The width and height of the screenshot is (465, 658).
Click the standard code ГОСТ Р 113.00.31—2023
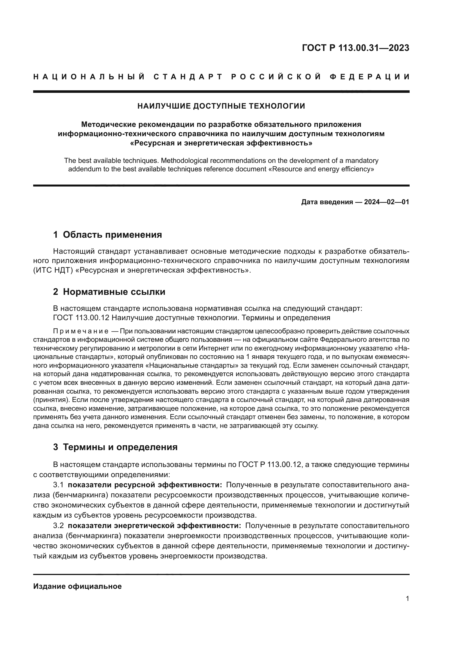(x=356, y=48)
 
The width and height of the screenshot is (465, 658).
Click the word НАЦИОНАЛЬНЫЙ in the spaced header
(x=89, y=77)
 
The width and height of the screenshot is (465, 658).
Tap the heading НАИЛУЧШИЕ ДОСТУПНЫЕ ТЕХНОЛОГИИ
(x=221, y=106)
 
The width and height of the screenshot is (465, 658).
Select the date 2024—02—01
(x=386, y=202)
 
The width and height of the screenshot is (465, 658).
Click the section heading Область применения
(x=112, y=235)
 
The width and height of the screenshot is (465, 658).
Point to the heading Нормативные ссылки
(x=114, y=292)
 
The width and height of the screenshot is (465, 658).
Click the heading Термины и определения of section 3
(x=120, y=447)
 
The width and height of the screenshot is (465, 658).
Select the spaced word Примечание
(x=80, y=331)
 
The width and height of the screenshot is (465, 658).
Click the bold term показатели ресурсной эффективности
(x=145, y=485)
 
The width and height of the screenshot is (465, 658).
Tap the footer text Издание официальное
(x=77, y=586)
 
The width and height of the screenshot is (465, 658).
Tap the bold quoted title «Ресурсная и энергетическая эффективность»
(x=221, y=143)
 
